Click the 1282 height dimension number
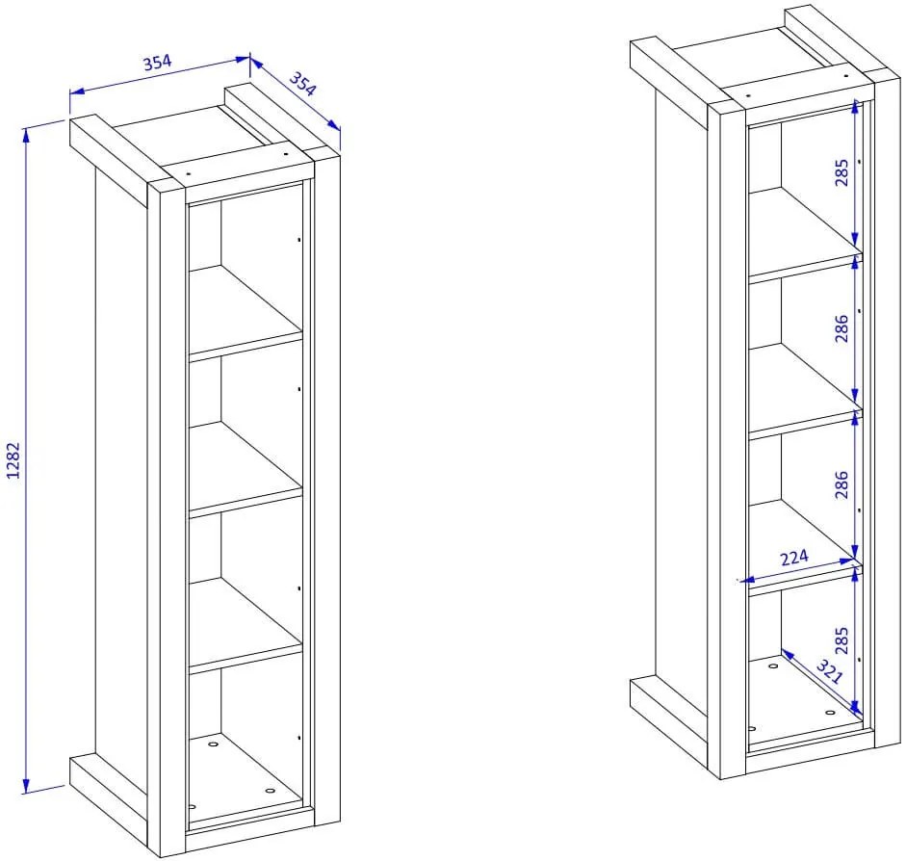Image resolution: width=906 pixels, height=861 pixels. [x=13, y=460]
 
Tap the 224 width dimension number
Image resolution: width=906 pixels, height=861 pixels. [x=794, y=558]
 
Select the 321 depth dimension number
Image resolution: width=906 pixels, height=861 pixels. [x=830, y=672]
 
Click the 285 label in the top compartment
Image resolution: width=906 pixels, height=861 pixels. [x=841, y=172]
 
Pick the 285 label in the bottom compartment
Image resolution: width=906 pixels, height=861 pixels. [x=841, y=640]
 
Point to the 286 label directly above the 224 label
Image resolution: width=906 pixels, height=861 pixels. [x=841, y=484]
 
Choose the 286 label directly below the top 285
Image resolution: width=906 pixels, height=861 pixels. [x=841, y=328]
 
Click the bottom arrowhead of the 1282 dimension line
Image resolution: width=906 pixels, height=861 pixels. [x=25, y=786]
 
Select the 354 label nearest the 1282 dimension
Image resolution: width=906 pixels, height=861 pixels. [x=157, y=62]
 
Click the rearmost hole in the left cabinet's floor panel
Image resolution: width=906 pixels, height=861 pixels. [x=213, y=744]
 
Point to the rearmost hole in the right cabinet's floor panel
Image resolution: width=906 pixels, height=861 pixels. [x=773, y=665]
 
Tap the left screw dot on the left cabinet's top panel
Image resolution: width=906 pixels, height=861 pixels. [x=189, y=172]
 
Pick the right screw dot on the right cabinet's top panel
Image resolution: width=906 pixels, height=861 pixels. [x=846, y=76]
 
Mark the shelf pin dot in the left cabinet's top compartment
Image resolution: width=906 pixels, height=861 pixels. [x=298, y=239]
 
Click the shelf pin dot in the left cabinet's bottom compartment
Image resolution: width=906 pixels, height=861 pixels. [x=298, y=738]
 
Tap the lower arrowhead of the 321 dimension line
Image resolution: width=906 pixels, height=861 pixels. [x=856, y=709]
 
